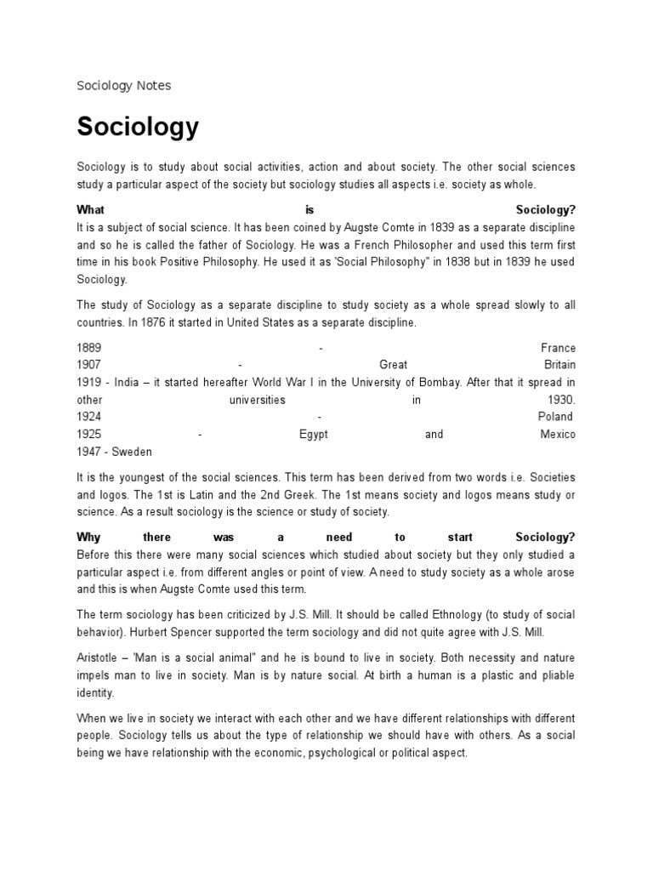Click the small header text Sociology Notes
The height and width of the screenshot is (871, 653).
click(123, 85)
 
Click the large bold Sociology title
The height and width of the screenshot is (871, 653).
click(138, 127)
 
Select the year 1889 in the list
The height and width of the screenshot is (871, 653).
click(89, 348)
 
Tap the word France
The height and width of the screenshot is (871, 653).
click(558, 348)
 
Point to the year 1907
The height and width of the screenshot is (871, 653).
click(89, 365)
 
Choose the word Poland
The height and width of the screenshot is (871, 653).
click(555, 417)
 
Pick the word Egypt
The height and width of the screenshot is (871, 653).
click(313, 434)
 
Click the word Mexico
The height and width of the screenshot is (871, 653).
click(557, 434)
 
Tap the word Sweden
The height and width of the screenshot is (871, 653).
click(133, 452)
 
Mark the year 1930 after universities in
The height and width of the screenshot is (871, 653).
click(561, 400)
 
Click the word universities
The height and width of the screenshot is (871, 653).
click(257, 400)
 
